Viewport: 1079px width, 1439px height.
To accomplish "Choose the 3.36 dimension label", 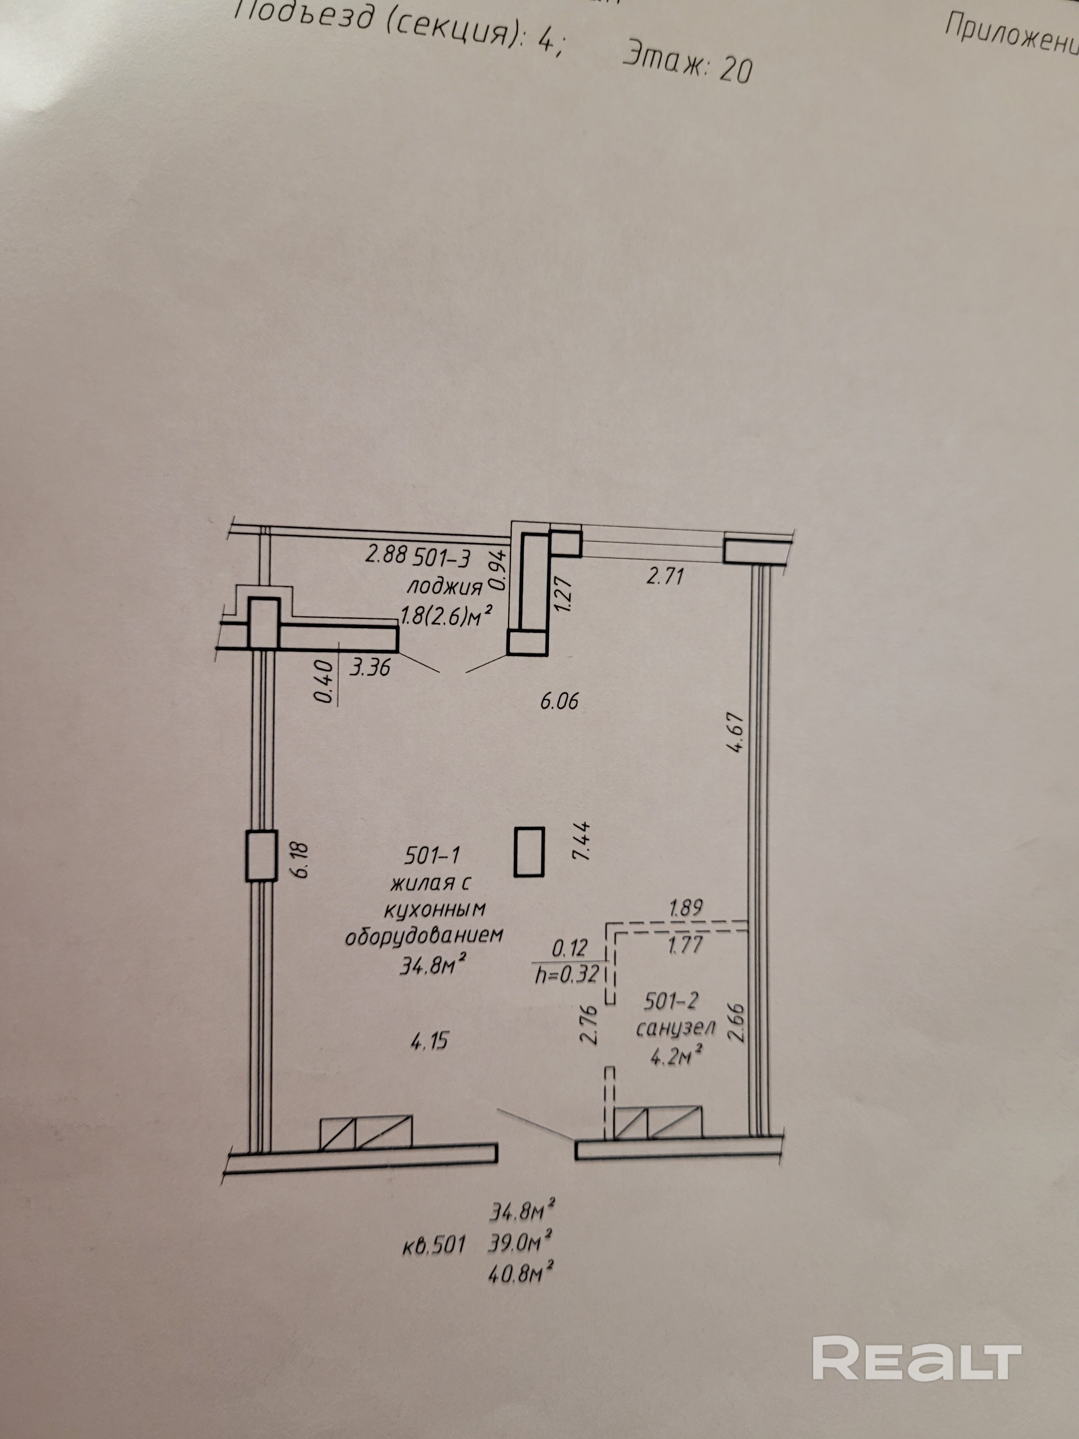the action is (370, 667).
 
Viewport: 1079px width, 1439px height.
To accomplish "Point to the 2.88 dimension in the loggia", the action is (386, 555).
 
